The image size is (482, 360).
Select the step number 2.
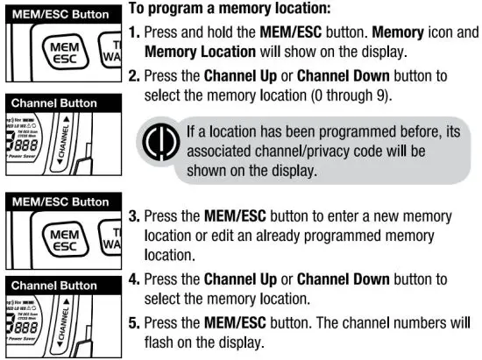click(x=134, y=75)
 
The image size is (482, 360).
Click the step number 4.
click(x=134, y=280)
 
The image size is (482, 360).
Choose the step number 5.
click(x=134, y=321)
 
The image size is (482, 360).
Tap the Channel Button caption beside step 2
click(x=54, y=103)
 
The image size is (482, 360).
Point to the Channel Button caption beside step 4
click(x=54, y=285)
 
